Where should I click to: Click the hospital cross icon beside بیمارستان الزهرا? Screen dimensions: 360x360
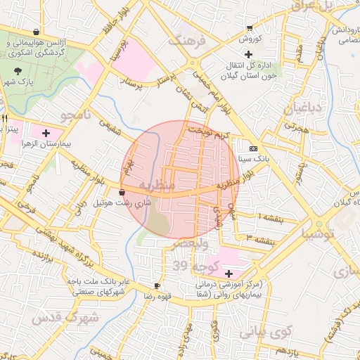pos(46,132)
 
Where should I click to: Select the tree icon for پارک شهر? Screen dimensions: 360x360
pos(18,70)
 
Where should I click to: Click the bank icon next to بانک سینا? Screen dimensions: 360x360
pos(254,148)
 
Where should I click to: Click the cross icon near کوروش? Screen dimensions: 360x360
pos(247,55)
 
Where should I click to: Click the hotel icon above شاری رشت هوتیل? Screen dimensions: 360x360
pos(122,192)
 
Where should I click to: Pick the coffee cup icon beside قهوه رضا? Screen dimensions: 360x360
pos(157,285)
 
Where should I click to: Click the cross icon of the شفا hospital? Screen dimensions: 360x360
pos(229,273)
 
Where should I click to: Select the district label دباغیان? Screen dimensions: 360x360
pos(302,109)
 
